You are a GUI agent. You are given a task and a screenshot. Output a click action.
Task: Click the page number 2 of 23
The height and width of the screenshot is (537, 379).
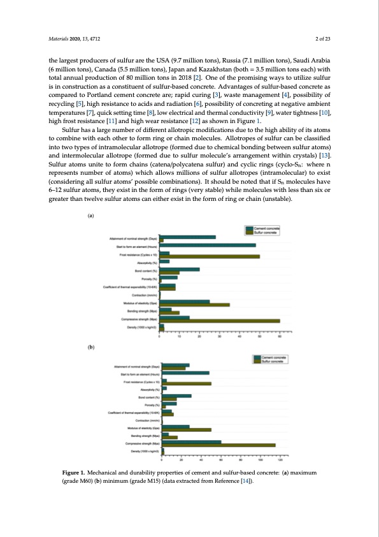323,38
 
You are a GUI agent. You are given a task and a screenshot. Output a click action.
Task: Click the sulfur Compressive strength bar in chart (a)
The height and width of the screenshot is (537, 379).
220,320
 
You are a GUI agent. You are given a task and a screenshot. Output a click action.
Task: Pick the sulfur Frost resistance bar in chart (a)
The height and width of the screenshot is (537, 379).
210,256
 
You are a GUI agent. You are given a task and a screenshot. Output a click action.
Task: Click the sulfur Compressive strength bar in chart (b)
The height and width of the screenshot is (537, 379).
218,445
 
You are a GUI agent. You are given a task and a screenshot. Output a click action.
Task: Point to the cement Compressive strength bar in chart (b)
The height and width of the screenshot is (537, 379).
191,441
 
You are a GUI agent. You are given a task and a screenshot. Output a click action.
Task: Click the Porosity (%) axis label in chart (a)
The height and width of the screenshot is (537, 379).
150,279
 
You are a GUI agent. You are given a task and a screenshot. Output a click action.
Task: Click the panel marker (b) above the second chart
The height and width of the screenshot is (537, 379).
90,347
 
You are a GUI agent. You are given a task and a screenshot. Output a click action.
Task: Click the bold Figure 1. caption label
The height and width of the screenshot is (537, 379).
66,473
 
